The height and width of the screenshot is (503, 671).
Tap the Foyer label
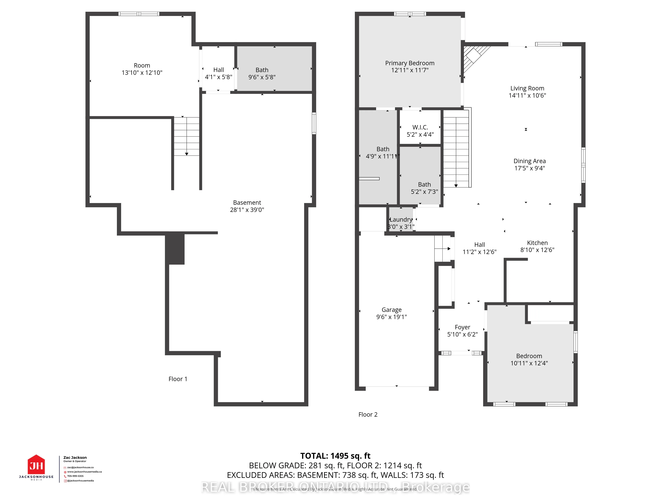tap(462, 327)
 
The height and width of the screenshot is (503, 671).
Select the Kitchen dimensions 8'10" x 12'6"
tap(537, 250)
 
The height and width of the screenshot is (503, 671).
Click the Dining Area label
tap(529, 161)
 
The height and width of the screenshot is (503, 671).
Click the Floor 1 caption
tap(178, 379)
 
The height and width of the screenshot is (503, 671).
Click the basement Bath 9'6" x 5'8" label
tap(262, 73)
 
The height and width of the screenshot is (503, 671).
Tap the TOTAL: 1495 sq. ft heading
tap(335, 456)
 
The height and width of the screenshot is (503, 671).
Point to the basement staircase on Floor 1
tap(186, 136)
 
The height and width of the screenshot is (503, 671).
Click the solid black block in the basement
tap(175, 249)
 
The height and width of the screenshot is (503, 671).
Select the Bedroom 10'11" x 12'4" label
tap(529, 359)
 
